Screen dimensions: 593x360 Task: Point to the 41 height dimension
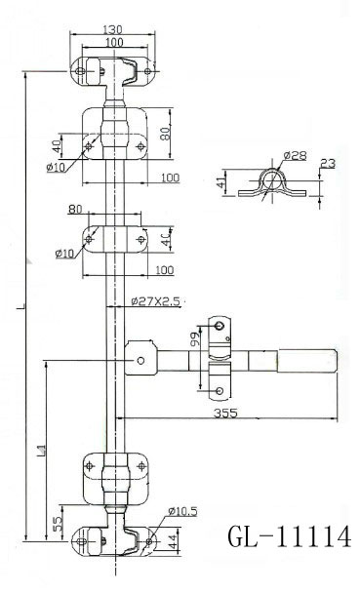pyautogui.click(x=221, y=182)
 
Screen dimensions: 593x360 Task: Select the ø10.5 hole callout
pyautogui.click(x=182, y=510)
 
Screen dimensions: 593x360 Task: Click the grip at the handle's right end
pyautogui.click(x=309, y=361)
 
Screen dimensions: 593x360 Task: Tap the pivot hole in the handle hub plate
pyautogui.click(x=140, y=361)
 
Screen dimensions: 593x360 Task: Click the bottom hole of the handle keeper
pyautogui.click(x=220, y=391)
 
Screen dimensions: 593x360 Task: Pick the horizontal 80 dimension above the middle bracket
pyautogui.click(x=102, y=208)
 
